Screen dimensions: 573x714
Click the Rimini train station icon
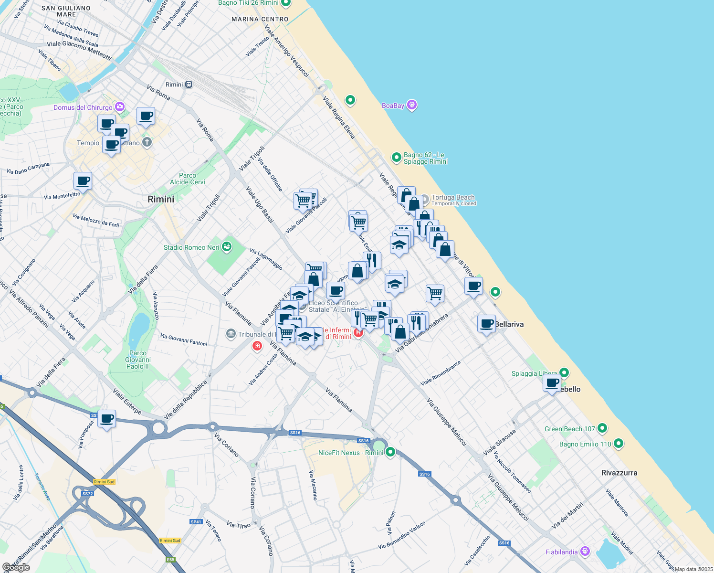tap(189, 85)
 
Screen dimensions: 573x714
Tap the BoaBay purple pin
tap(412, 105)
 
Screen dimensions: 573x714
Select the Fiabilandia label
tap(561, 552)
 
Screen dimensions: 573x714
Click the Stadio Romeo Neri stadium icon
tap(227, 247)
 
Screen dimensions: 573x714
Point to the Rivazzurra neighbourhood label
tap(619, 473)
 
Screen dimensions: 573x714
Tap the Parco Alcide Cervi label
tap(188, 179)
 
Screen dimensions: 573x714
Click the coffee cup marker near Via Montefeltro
tap(83, 181)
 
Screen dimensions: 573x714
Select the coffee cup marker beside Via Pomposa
tap(106, 419)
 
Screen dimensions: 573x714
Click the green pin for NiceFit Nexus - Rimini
tap(390, 452)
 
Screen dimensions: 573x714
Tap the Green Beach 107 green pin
tap(602, 428)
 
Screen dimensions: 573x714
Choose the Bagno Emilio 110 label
tap(585, 444)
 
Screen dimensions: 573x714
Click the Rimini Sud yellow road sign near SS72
tap(104, 482)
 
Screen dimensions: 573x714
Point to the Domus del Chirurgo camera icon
tap(120, 107)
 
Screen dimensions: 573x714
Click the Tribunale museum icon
tap(231, 334)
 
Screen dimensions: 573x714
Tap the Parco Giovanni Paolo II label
tap(138, 360)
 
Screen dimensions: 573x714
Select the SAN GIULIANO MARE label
tap(66, 11)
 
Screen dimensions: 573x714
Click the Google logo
tap(16, 567)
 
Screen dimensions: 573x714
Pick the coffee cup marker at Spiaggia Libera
tap(552, 383)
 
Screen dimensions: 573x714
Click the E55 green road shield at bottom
tap(170, 560)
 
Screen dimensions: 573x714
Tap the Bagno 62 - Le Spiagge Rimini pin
tap(396, 157)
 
